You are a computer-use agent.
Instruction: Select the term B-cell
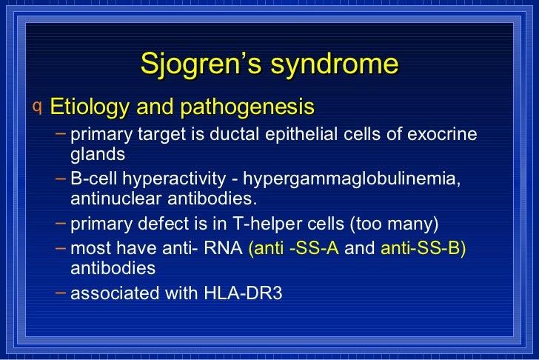click(95, 180)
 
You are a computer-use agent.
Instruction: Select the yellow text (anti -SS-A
click(294, 248)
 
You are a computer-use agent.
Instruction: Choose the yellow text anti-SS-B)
click(423, 248)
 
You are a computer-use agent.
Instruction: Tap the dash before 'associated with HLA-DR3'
click(61, 293)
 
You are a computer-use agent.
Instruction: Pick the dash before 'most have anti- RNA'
click(61, 247)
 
